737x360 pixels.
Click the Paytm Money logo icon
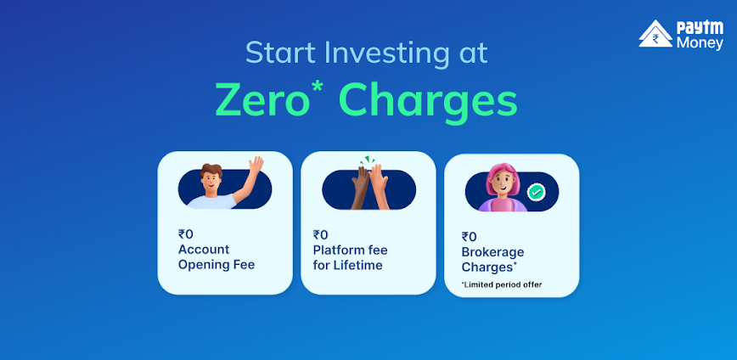pyautogui.click(x=655, y=33)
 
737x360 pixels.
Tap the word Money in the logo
pyautogui.click(x=700, y=43)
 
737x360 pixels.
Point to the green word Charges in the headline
pyautogui.click(x=428, y=103)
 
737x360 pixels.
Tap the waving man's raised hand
pyautogui.click(x=256, y=166)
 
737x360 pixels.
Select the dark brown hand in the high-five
pyautogui.click(x=361, y=186)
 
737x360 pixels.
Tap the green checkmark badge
pyautogui.click(x=536, y=192)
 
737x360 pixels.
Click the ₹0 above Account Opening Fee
pyautogui.click(x=185, y=234)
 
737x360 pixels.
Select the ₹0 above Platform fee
pyautogui.click(x=321, y=234)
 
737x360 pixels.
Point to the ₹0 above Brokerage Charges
pyautogui.click(x=469, y=237)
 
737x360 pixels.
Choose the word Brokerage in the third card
pyautogui.click(x=492, y=253)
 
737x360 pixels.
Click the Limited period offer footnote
pyautogui.click(x=502, y=284)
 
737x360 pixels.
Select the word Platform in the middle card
pyautogui.click(x=336, y=250)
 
